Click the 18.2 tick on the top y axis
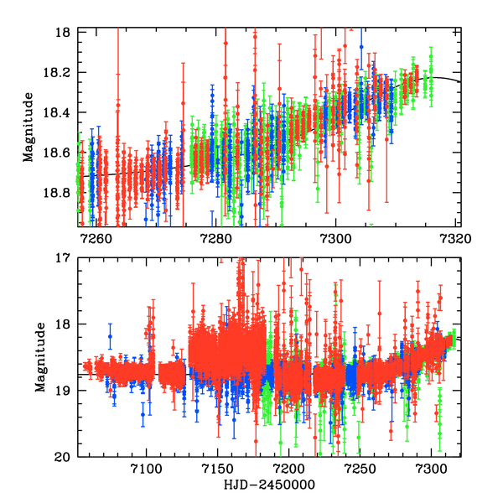click(x=60, y=73)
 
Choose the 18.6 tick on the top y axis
click(x=60, y=153)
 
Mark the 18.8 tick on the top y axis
click(x=60, y=193)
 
